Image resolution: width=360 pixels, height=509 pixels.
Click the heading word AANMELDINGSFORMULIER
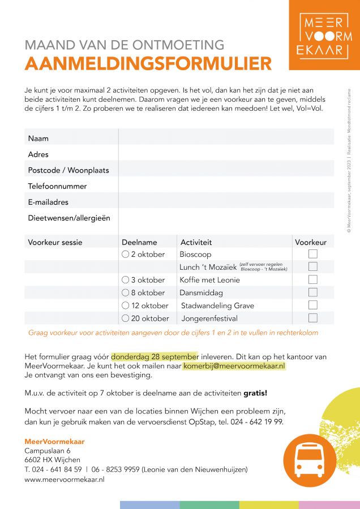coord(148,63)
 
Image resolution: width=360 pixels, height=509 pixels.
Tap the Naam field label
coord(38,139)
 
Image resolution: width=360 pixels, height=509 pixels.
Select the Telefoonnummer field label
coord(57,186)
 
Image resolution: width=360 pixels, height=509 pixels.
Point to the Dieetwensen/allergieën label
coord(69,218)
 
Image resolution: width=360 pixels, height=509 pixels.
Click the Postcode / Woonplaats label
coord(68,170)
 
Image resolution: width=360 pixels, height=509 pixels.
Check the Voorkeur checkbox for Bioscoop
coord(312,255)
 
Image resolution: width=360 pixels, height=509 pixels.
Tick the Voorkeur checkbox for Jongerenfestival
coord(312,318)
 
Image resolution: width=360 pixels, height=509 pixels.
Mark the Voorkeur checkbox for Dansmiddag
coord(312,292)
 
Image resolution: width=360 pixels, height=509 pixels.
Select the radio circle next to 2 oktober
coord(126,255)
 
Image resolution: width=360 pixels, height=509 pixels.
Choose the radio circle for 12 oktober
coord(126,305)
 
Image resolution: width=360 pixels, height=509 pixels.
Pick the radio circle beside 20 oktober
coord(126,318)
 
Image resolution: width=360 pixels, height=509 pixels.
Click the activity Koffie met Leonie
coord(209,280)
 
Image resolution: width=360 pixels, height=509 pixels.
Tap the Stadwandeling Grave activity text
coord(217,305)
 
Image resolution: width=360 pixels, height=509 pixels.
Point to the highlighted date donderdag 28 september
coord(155,357)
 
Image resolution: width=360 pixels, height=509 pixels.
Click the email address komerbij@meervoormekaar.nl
coord(235,366)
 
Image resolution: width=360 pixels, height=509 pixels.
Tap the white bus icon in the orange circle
coord(310,460)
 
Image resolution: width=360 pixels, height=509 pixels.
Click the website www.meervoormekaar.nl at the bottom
coord(65,479)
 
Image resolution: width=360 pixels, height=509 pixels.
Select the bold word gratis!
coord(255,392)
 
